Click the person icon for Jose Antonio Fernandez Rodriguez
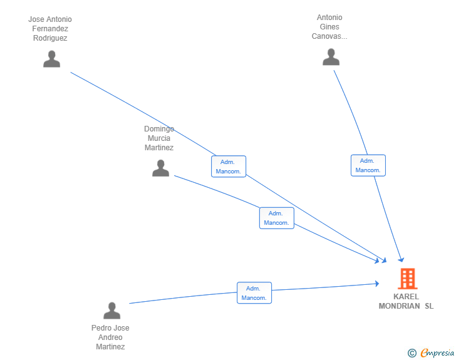[x=52, y=59]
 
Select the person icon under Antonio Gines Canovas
[x=331, y=57]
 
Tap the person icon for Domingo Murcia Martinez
[x=160, y=168]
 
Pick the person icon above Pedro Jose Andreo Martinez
[x=111, y=311]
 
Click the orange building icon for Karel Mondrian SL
[x=408, y=279]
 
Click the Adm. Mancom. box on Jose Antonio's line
[x=229, y=167]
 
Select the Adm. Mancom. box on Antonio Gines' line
[x=368, y=165]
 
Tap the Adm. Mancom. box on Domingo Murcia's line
[x=277, y=218]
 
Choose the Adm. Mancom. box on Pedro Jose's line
[x=254, y=293]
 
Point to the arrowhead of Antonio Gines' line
[x=402, y=260]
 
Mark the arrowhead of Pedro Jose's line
[x=377, y=284]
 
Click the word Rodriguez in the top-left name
[x=50, y=38]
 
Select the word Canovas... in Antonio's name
[x=329, y=36]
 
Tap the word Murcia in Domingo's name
[x=159, y=138]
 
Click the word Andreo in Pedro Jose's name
[x=110, y=337]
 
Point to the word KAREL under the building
[x=406, y=297]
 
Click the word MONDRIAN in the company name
[x=399, y=306]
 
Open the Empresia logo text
[x=437, y=353]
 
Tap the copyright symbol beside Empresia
[x=412, y=353]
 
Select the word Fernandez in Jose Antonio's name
[x=50, y=29]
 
